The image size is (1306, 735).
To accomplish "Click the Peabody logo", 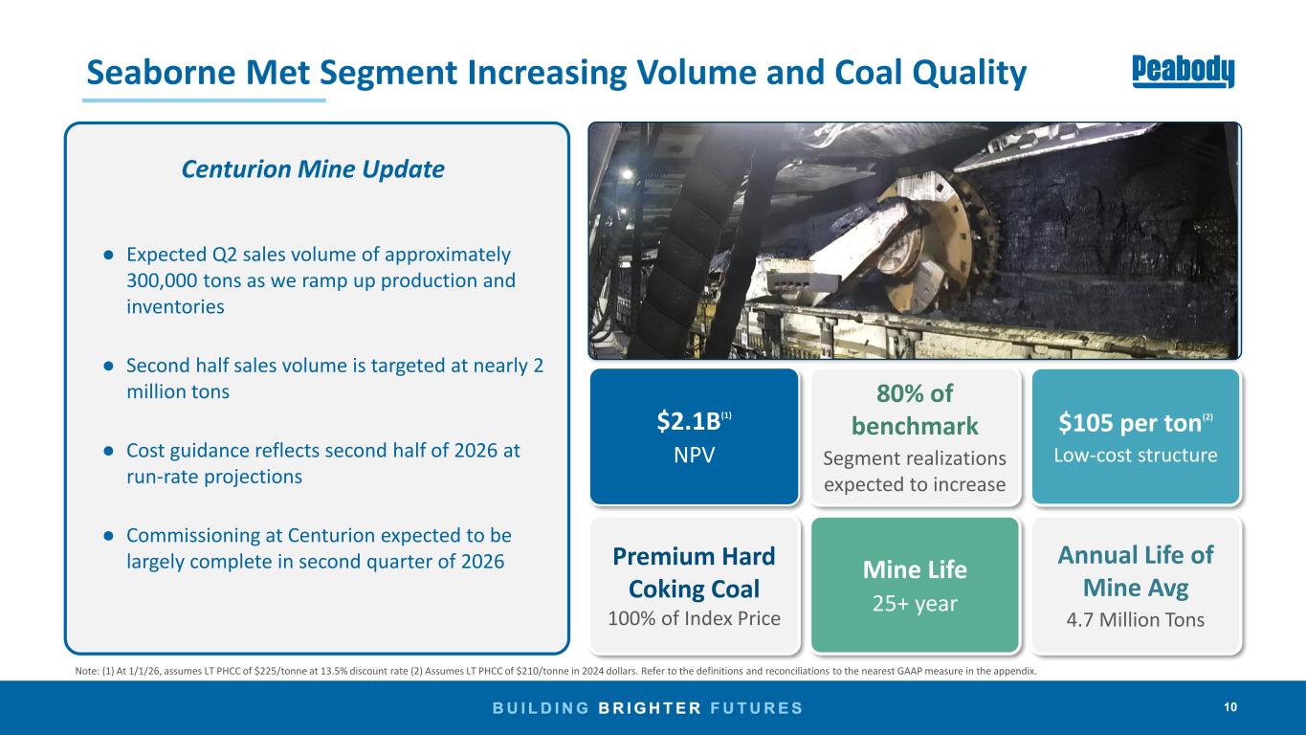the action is pos(1183,72).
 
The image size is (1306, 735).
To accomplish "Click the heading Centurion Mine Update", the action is pos(313,169).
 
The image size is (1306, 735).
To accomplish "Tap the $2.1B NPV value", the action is pos(689,421).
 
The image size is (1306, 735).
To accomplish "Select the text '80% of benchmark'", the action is pos(915,410).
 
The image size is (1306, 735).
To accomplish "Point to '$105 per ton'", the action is pos(1130,423).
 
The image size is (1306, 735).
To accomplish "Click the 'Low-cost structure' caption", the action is pos(1135,455).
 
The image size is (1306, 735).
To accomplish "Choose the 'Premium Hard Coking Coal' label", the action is pos(694,573).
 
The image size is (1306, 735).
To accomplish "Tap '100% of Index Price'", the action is pos(694,618).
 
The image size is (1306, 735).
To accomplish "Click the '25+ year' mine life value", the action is pos(915,604).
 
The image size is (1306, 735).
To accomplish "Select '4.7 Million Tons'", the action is pos(1135,619).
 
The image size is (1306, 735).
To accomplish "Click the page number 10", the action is pos(1230,707).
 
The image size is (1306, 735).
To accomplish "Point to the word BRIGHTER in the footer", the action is pos(650,708).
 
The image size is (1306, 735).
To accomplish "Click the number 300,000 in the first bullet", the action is pos(162,280).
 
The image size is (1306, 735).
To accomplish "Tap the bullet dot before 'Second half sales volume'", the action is pos(108,367).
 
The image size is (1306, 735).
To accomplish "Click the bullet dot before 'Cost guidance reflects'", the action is pos(108,452).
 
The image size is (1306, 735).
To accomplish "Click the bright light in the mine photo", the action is pos(628,174).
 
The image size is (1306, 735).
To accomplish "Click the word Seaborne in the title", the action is pos(161,73).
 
